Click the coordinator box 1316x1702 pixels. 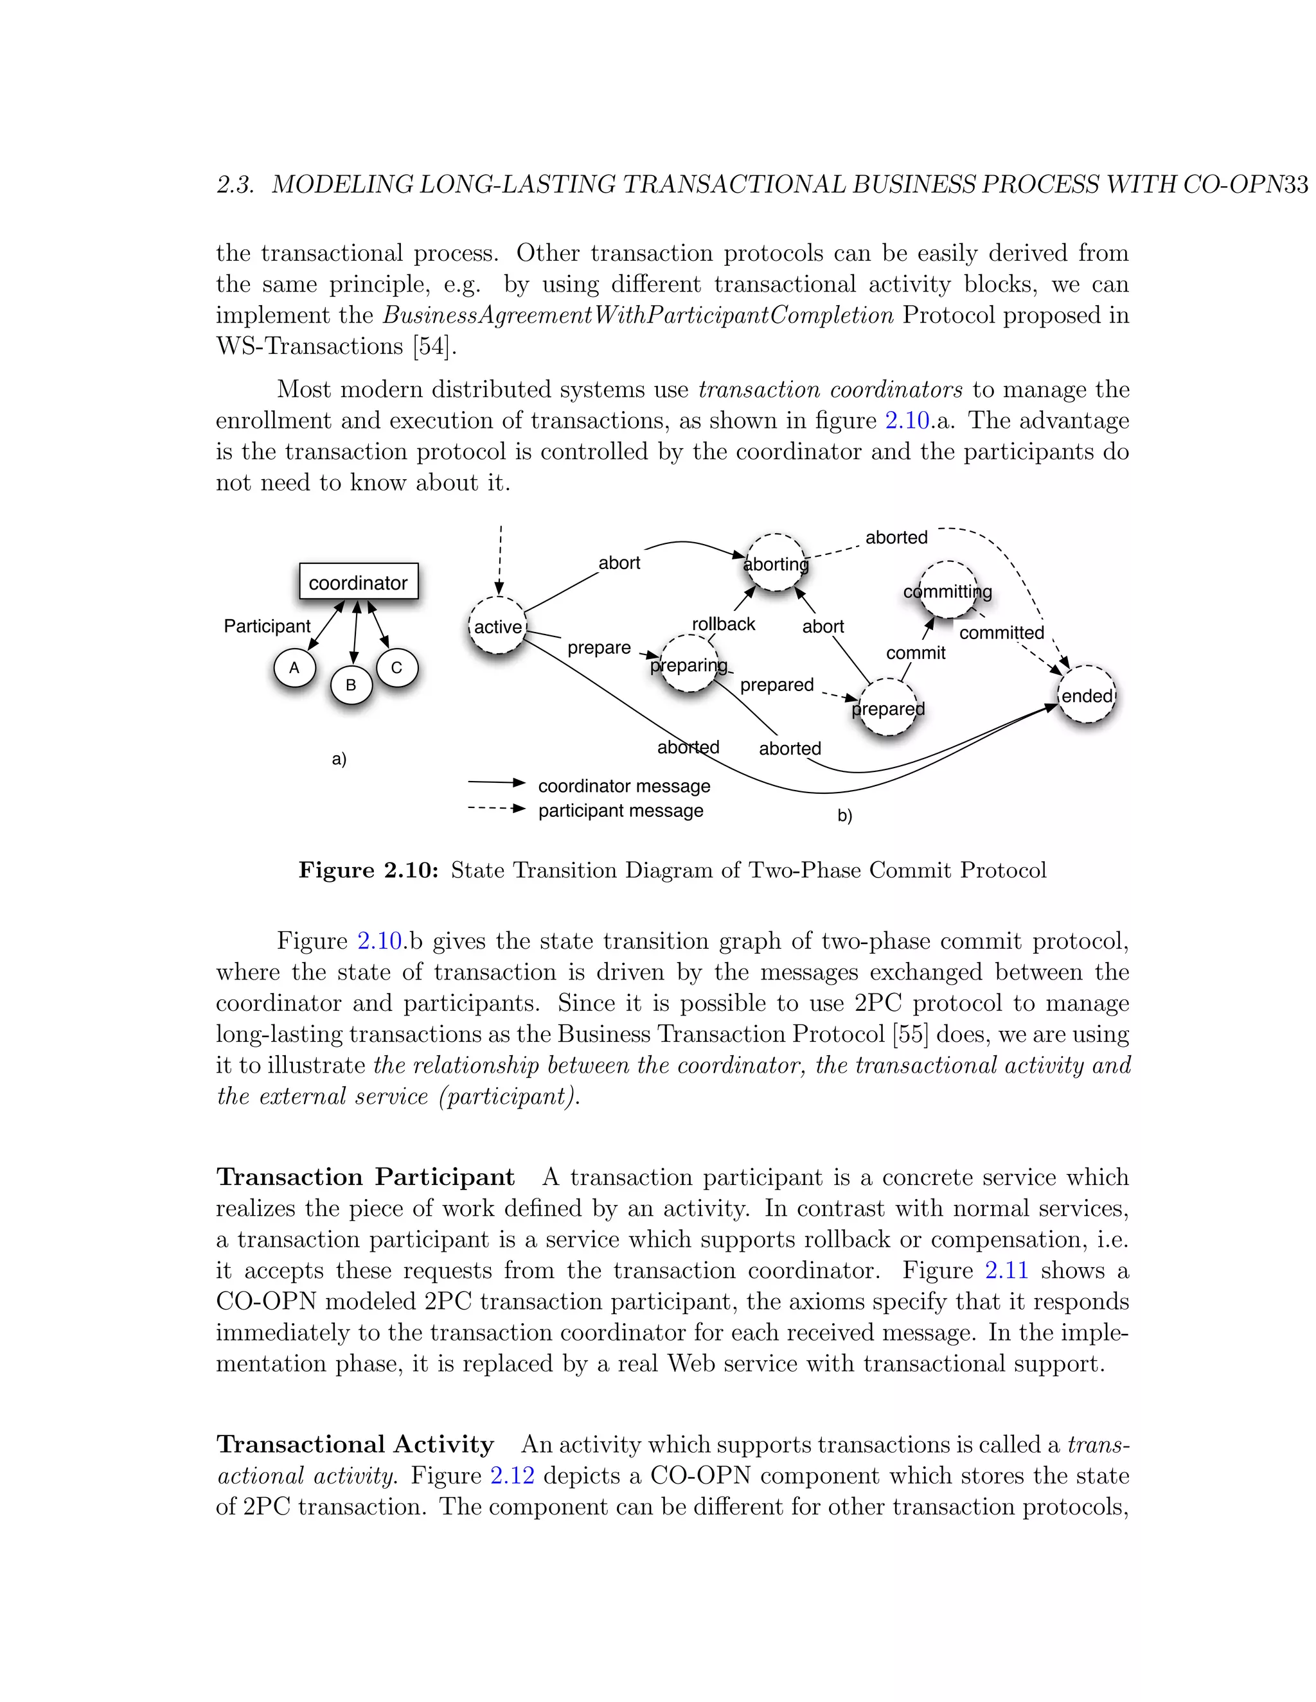(359, 582)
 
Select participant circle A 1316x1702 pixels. (295, 668)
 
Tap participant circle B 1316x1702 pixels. (351, 685)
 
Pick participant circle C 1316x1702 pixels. (397, 668)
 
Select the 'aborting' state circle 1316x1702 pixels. (776, 563)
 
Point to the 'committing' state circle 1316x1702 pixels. (947, 591)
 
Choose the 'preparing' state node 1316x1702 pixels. (688, 665)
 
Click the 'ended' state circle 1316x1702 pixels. (1086, 695)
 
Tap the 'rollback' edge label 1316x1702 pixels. (724, 624)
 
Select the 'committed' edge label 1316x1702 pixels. (1001, 633)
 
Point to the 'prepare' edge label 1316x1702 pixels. (599, 647)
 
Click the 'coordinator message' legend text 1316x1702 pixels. (624, 785)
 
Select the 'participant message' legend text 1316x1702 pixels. (621, 811)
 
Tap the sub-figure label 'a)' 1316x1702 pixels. (339, 759)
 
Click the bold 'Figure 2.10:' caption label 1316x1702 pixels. (369, 870)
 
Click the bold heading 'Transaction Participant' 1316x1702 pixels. (365, 1177)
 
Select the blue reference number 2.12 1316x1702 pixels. (512, 1475)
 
